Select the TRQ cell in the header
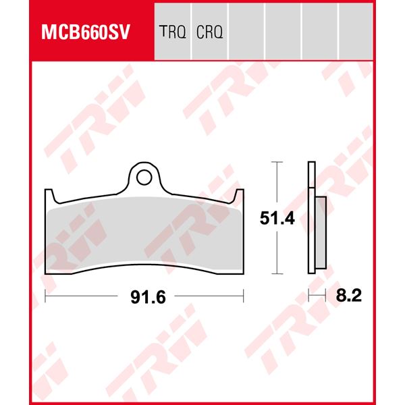(x=172, y=32)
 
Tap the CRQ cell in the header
(x=210, y=32)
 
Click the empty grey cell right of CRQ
(x=246, y=32)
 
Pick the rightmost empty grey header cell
(x=355, y=32)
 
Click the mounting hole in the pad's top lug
(x=144, y=177)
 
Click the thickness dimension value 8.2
(x=349, y=296)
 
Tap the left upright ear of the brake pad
(x=49, y=197)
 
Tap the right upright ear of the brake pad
(x=238, y=197)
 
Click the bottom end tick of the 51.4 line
(x=275, y=274)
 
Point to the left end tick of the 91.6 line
(x=45, y=295)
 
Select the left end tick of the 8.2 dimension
(x=308, y=295)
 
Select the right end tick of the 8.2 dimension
(x=326, y=295)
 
